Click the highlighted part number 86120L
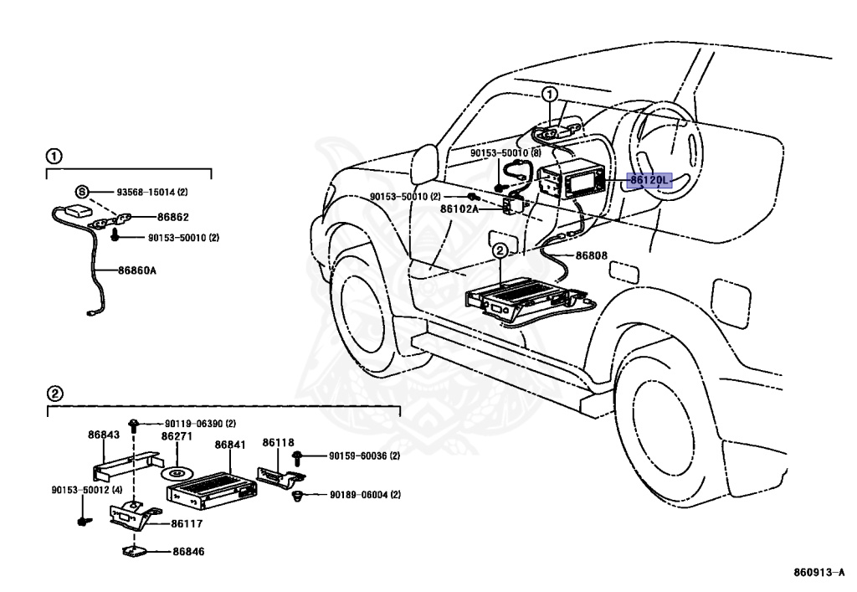649,180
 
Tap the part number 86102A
459,208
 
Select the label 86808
592,255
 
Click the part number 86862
173,217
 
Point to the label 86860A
137,270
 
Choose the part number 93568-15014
146,192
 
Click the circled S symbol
81,192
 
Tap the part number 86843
104,435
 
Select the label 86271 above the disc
177,436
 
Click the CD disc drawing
177,472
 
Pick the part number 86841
230,445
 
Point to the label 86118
278,442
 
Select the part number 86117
187,523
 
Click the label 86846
188,552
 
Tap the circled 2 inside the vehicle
500,251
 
